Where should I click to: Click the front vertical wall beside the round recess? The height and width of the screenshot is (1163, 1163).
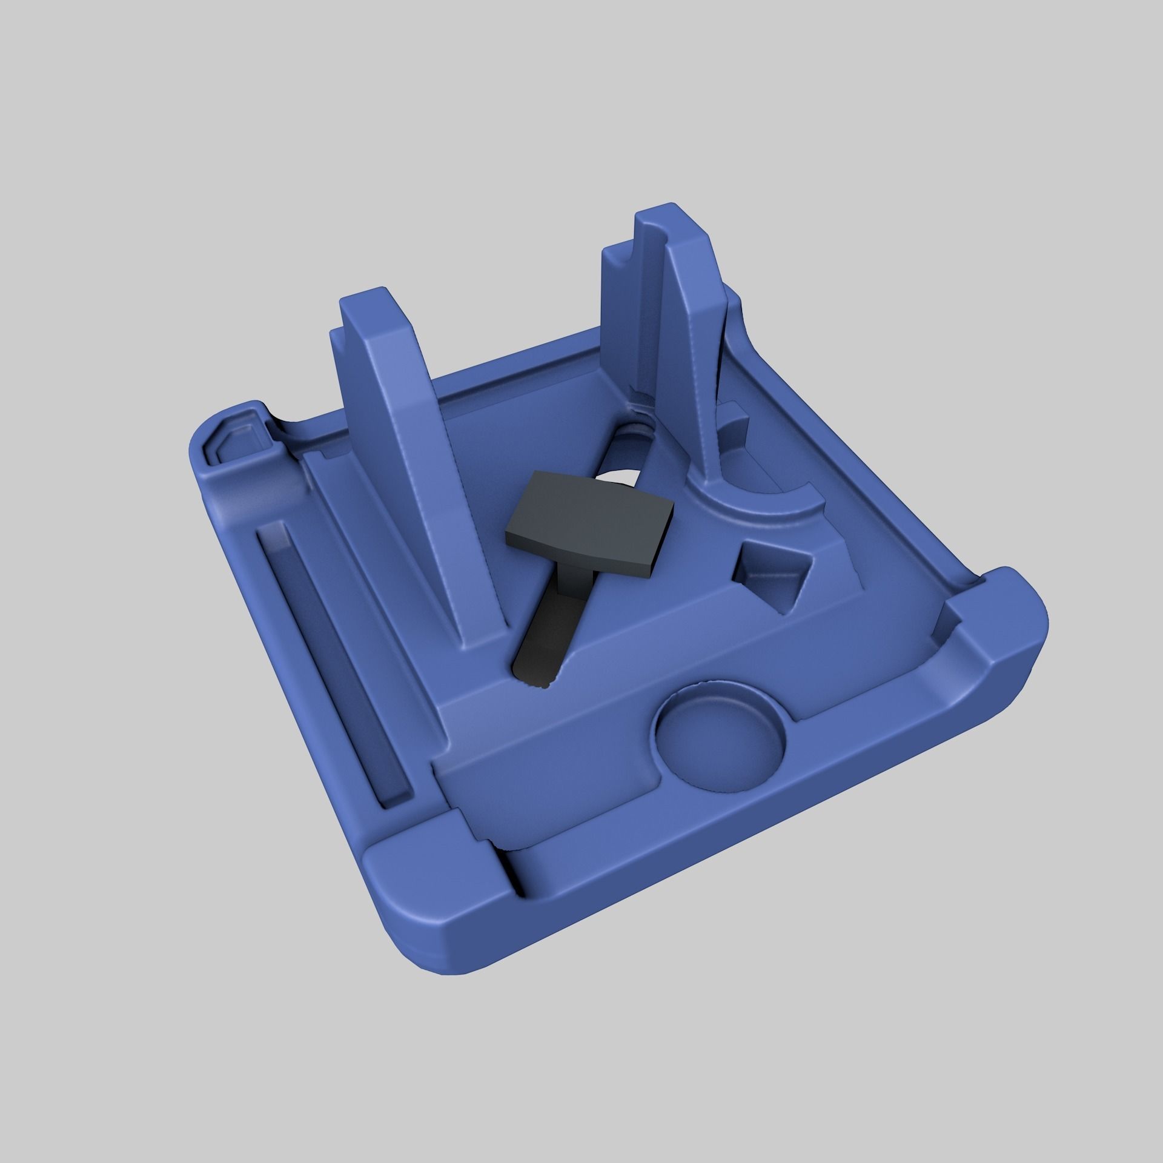pyautogui.click(x=545, y=763)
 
